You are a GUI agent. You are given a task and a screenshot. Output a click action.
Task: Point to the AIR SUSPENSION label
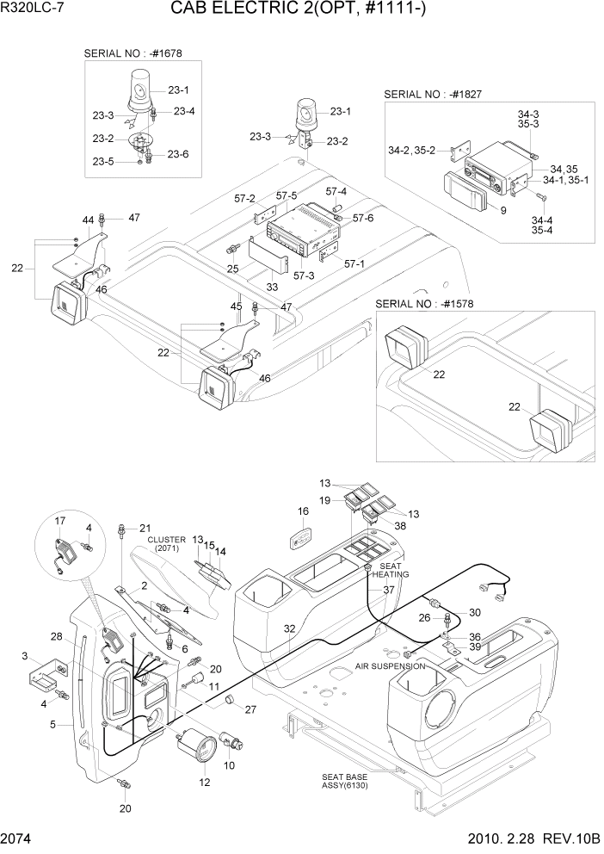(x=391, y=665)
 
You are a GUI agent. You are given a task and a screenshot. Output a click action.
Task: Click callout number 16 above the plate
(x=303, y=512)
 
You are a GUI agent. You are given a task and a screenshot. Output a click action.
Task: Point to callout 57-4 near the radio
(x=336, y=191)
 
